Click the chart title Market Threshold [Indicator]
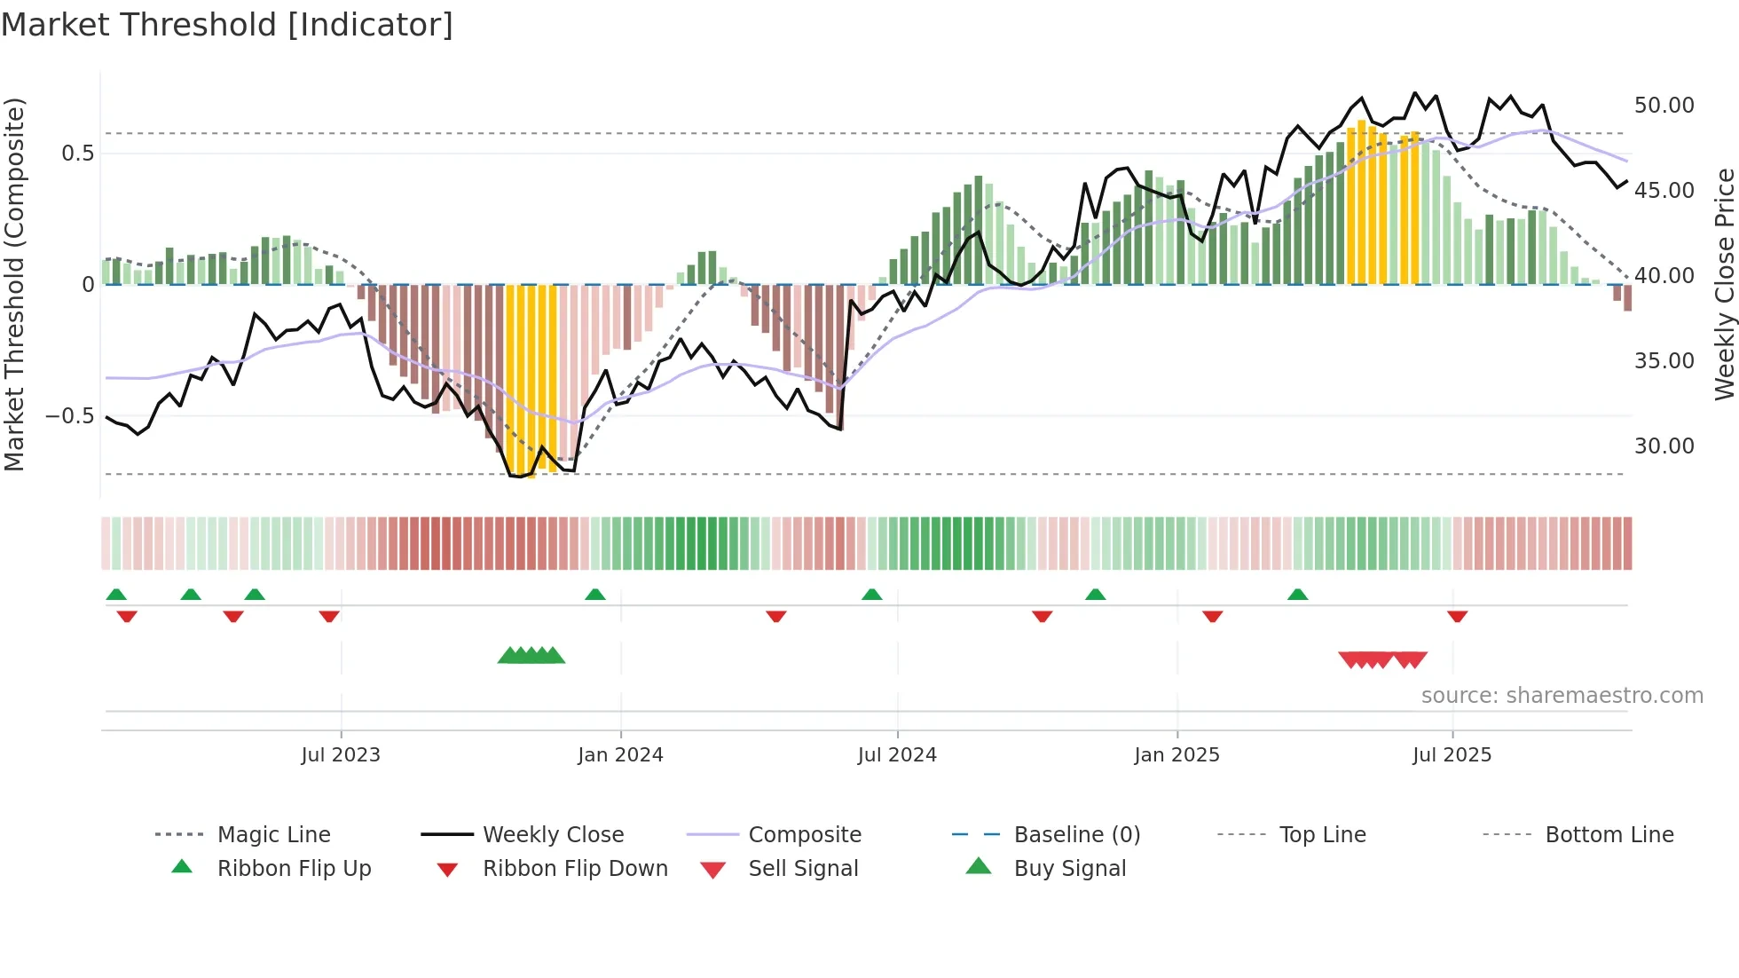click(x=227, y=25)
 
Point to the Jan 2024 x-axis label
click(x=620, y=755)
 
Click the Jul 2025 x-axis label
click(x=1452, y=755)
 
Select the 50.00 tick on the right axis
click(x=1664, y=106)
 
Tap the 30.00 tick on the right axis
click(x=1664, y=446)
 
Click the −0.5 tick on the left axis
click(x=70, y=416)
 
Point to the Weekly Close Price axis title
click(x=1724, y=284)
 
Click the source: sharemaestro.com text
click(x=1562, y=696)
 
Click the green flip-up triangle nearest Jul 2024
click(x=871, y=595)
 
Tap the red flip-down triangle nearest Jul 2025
click(x=1457, y=616)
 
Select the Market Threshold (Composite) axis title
click(x=14, y=284)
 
